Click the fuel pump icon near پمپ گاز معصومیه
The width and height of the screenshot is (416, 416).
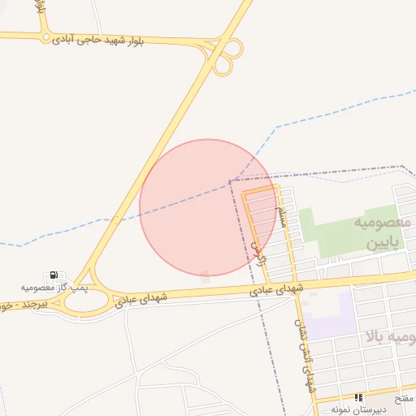54,276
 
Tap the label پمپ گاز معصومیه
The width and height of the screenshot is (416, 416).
54,288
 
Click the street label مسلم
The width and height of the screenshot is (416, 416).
282,215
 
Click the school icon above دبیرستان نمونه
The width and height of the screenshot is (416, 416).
358,398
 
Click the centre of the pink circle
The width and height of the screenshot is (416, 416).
208,207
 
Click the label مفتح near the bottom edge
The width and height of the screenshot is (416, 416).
404,401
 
